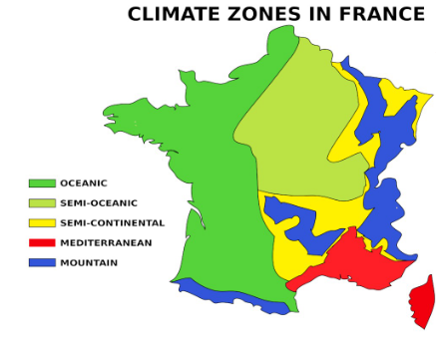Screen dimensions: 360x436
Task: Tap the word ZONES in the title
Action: pyautogui.click(x=265, y=14)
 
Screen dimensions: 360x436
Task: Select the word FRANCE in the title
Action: pyautogui.click(x=383, y=14)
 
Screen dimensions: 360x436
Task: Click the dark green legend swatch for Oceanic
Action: pyautogui.click(x=42, y=183)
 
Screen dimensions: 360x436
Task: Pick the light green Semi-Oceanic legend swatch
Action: pyautogui.click(x=42, y=203)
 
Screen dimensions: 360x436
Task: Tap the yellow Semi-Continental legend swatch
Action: pyautogui.click(x=42, y=223)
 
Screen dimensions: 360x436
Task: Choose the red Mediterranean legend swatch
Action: pyautogui.click(x=42, y=243)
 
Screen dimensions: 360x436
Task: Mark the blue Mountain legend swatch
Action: pyautogui.click(x=42, y=263)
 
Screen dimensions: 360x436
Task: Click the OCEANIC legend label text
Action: pyautogui.click(x=84, y=183)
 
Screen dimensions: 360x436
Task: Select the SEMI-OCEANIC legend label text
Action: pyautogui.click(x=97, y=203)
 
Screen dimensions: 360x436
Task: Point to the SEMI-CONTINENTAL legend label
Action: pyautogui.click(x=113, y=223)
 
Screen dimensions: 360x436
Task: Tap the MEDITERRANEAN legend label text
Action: pyautogui.click(x=106, y=243)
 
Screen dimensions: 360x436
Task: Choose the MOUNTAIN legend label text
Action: pyautogui.click(x=89, y=263)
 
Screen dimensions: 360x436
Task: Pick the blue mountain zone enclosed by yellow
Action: pyautogui.click(x=299, y=224)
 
